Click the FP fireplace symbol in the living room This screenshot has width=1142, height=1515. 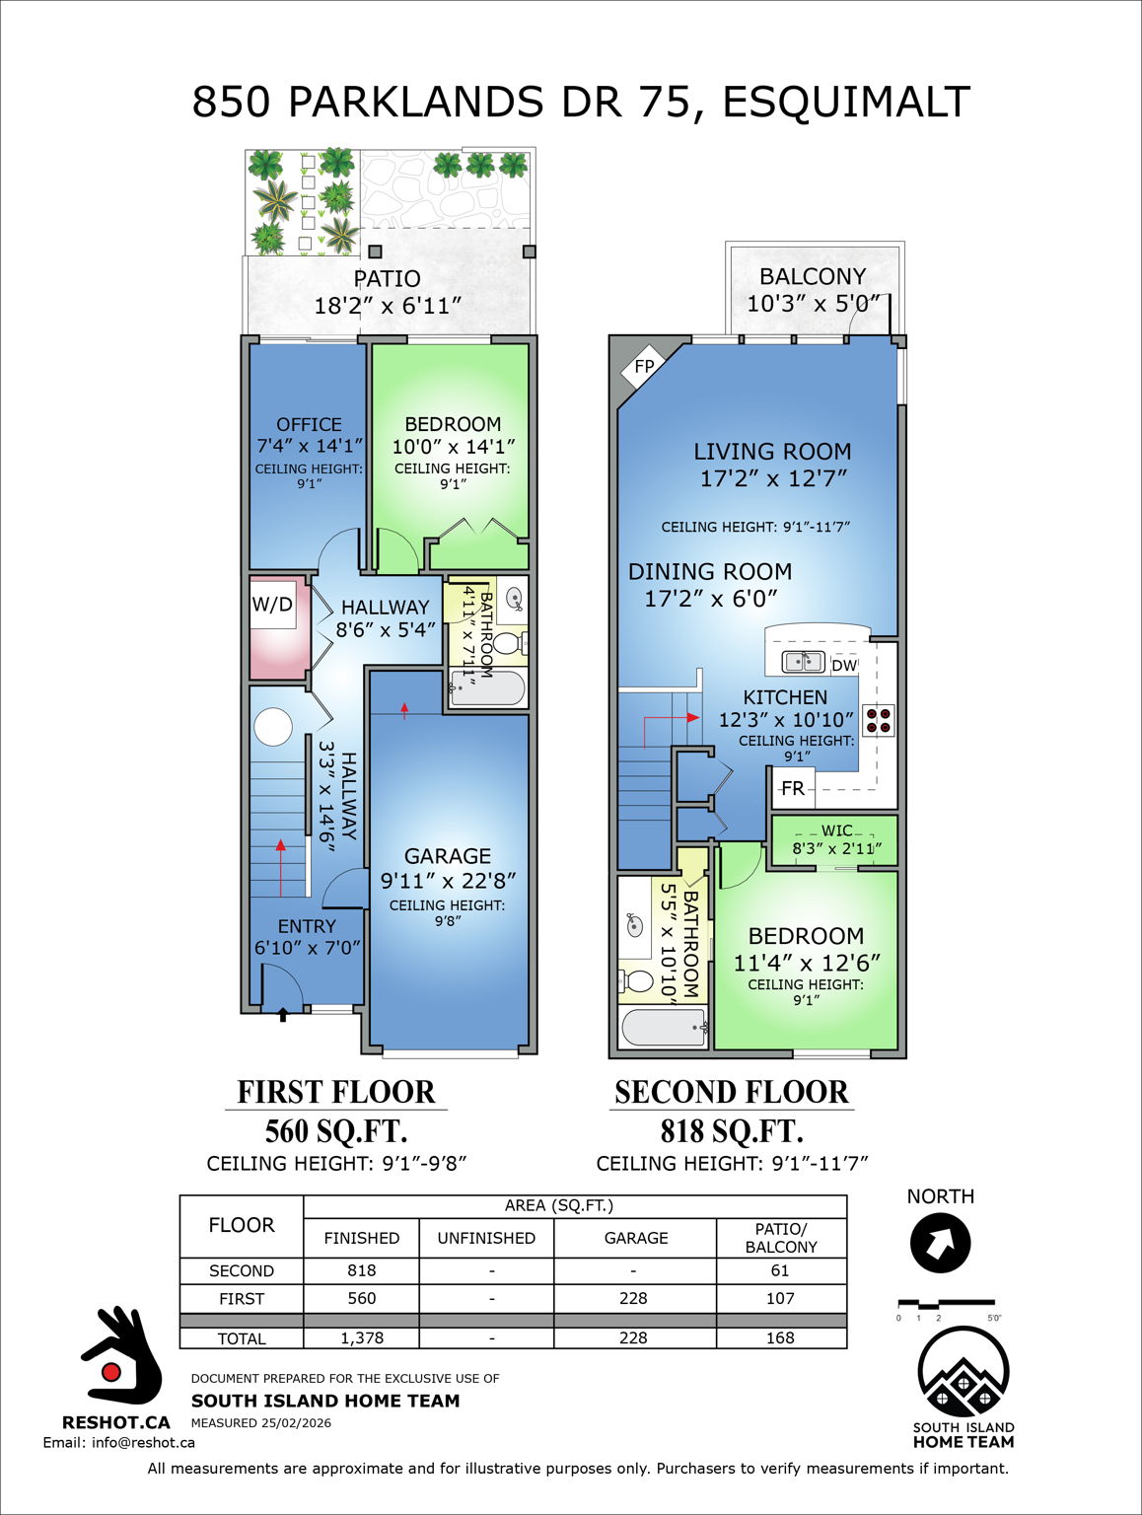(x=643, y=367)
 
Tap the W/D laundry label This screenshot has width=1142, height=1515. (x=272, y=605)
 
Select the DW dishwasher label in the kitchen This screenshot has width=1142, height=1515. (x=844, y=666)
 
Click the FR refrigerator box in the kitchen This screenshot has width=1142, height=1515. (x=793, y=788)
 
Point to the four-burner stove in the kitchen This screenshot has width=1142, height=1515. (x=879, y=720)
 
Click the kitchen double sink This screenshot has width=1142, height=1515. (x=803, y=661)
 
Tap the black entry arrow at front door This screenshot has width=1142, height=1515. (x=283, y=1014)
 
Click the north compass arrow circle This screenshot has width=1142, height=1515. (x=940, y=1243)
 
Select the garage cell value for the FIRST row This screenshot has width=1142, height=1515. (x=634, y=1298)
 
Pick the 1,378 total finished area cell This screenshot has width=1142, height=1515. (x=361, y=1338)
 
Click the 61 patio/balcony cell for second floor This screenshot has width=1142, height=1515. (x=780, y=1270)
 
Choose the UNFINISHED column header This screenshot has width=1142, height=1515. (x=486, y=1238)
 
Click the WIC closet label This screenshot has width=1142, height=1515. (x=836, y=830)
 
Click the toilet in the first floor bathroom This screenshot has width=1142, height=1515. (x=507, y=644)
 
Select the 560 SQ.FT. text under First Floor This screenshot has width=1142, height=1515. (x=335, y=1131)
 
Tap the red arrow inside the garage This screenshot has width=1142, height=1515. (x=404, y=708)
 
